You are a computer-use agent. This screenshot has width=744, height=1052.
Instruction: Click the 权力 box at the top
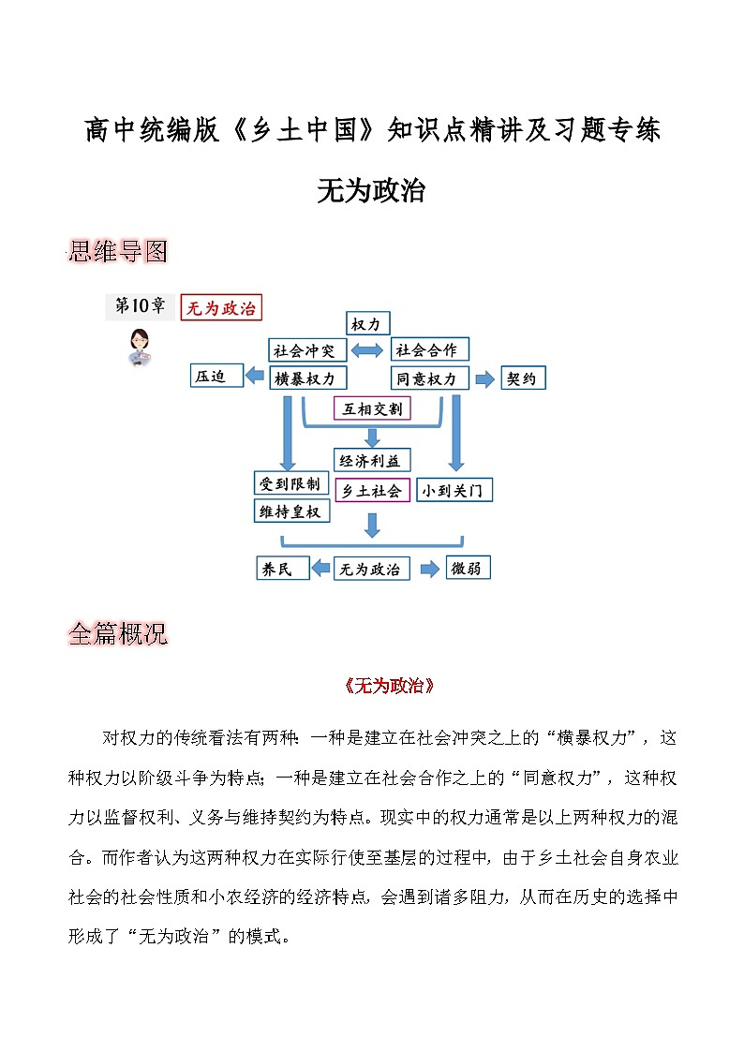366,324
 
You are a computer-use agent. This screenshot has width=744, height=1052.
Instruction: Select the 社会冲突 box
306,350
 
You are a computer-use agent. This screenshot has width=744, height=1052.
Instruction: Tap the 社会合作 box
428,349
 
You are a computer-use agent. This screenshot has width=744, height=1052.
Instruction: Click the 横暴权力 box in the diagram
306,378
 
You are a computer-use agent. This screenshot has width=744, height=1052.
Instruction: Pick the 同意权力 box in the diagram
428,378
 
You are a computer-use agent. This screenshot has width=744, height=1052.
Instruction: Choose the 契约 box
523,378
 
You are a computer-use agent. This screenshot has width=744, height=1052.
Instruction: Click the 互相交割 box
372,408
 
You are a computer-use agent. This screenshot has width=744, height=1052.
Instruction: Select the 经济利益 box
372,460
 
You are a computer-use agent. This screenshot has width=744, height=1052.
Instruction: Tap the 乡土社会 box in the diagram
372,490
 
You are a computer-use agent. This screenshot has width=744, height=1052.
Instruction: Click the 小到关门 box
454,490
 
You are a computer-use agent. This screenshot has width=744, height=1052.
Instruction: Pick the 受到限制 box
291,483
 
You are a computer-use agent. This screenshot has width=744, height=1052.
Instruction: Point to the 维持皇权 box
291,511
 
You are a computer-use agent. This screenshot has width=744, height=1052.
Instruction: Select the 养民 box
281,568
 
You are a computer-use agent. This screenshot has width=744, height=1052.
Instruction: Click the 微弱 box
467,568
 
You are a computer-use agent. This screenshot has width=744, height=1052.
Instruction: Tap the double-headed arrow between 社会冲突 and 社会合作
368,350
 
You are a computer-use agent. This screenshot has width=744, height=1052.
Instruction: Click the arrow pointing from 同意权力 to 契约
484,378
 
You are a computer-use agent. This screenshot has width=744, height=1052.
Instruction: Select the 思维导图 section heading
118,251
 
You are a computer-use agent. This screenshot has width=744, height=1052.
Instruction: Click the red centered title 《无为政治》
389,686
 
